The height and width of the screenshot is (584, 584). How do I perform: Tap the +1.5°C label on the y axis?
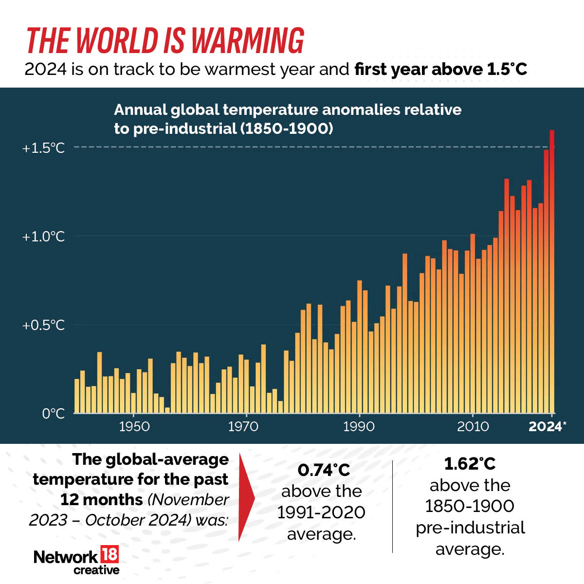point(43,148)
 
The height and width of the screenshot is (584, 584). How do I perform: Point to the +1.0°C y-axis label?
point(43,237)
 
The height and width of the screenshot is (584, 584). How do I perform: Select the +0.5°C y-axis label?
point(43,325)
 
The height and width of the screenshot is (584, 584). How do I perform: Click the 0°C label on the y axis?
point(53,414)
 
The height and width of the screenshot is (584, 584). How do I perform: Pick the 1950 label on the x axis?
point(134,427)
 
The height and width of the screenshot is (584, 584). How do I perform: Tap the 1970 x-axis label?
point(243,427)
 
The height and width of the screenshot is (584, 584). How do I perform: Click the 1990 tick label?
point(359,427)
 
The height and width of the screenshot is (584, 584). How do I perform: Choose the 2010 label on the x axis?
point(473,427)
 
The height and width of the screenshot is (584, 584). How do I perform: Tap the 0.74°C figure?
point(324,470)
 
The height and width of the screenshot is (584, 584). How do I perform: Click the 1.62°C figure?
point(470,464)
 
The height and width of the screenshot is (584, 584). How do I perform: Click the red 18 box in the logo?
point(109,555)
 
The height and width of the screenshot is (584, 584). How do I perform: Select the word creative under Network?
point(96,570)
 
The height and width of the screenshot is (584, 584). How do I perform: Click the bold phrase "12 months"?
point(101,500)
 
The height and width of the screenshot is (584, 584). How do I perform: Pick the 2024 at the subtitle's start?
point(45,70)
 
